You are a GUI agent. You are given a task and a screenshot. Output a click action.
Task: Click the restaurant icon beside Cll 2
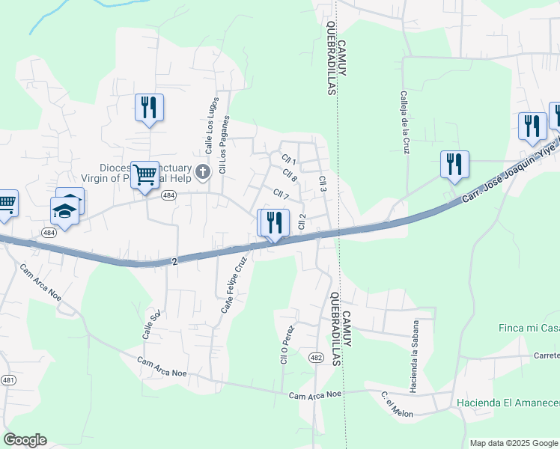click(273, 222)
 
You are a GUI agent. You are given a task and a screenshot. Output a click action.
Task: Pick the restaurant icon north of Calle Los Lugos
click(149, 107)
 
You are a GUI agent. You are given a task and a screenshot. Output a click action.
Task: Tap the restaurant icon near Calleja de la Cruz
click(454, 164)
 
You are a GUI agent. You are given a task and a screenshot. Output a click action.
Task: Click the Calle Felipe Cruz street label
click(233, 285)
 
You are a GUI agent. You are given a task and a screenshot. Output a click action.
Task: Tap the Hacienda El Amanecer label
click(508, 403)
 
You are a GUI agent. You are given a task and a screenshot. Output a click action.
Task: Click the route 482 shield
click(316, 358)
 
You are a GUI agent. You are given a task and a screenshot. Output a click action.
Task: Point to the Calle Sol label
click(151, 325)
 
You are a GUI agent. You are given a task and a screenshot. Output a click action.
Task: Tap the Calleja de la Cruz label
click(404, 123)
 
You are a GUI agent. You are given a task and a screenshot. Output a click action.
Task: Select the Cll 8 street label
click(290, 178)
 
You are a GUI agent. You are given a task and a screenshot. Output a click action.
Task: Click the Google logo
click(25, 440)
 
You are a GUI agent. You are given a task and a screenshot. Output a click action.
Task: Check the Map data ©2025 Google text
click(514, 443)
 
